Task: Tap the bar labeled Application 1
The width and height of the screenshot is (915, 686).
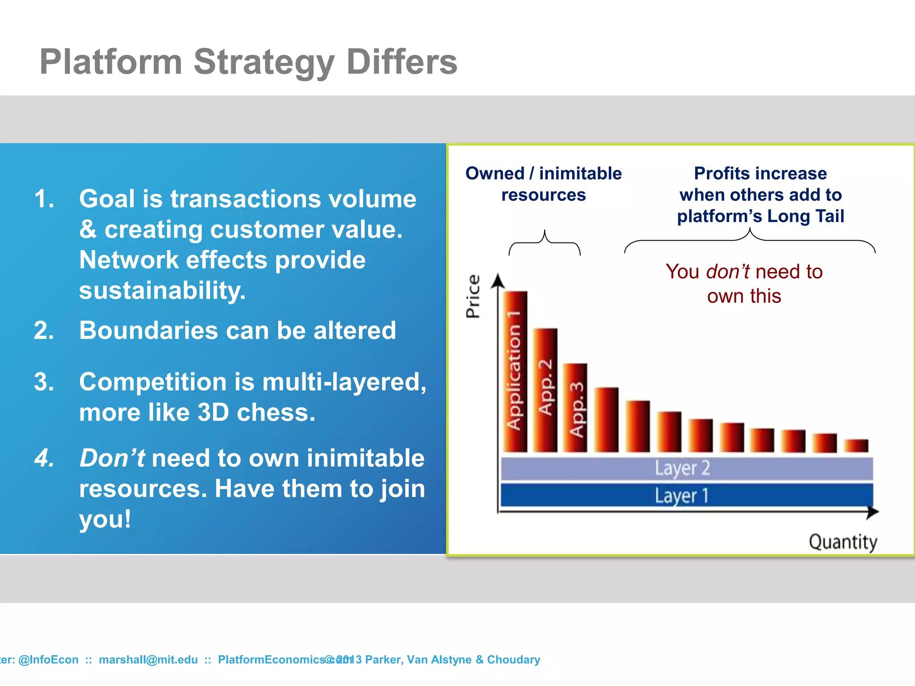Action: (515, 372)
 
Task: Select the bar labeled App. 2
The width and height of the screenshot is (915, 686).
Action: (546, 389)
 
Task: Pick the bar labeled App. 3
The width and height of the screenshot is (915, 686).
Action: (575, 407)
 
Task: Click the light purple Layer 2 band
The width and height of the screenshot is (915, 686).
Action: (686, 468)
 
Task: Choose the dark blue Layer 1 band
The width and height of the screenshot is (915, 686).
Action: (686, 495)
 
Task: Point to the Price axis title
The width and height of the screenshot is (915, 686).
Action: (473, 296)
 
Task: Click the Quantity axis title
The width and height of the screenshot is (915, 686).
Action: (843, 542)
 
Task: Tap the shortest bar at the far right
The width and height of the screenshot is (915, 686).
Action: (856, 445)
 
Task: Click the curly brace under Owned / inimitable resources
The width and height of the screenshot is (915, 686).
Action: (545, 243)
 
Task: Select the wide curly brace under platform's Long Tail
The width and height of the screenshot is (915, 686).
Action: (750, 240)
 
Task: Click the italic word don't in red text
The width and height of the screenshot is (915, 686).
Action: (727, 272)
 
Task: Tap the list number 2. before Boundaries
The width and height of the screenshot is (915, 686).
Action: (44, 330)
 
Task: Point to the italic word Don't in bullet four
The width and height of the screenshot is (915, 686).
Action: (112, 458)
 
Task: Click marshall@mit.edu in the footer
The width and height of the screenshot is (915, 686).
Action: (148, 660)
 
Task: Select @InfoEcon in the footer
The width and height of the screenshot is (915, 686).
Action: (48, 660)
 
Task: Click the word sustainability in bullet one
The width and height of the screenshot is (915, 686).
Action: (163, 291)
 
